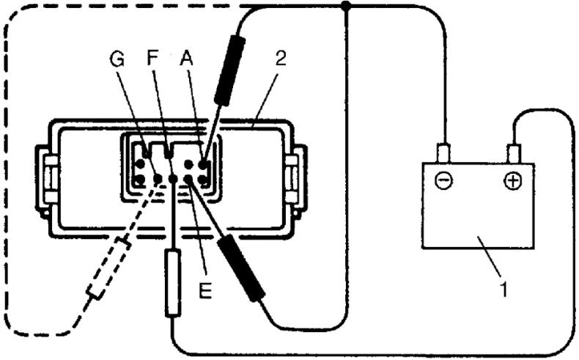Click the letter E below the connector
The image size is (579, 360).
(x=206, y=292)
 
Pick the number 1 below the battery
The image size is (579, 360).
(x=503, y=289)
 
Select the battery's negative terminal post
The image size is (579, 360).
(x=443, y=154)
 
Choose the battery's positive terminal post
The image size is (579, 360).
(x=513, y=154)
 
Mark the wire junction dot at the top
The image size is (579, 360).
(x=347, y=7)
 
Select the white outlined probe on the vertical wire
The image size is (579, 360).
(x=173, y=283)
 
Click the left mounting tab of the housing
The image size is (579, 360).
(x=47, y=177)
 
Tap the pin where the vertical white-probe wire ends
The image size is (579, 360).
(x=173, y=178)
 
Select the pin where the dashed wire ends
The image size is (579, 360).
(x=156, y=178)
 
